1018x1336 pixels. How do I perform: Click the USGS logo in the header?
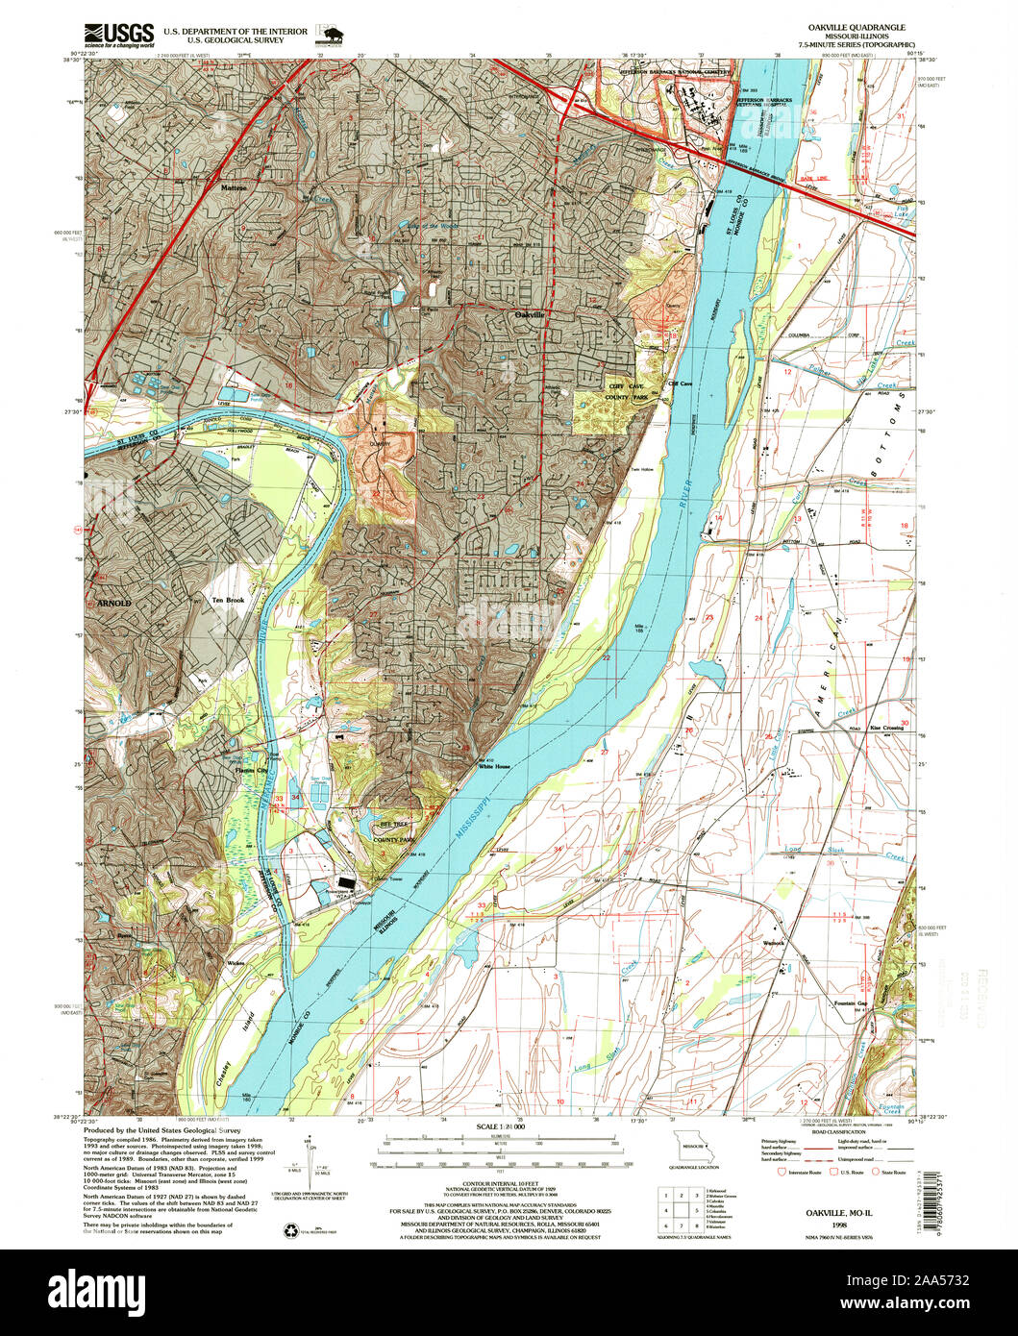(x=119, y=36)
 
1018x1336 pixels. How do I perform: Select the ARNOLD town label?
(x=113, y=603)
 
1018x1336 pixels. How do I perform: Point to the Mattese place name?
(x=234, y=188)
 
